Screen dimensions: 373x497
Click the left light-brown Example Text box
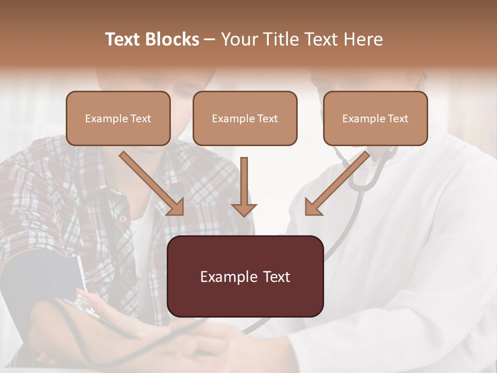(x=118, y=118)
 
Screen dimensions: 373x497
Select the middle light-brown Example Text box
(x=245, y=118)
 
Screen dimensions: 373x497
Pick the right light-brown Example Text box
(x=375, y=118)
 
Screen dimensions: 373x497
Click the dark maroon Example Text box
(x=245, y=276)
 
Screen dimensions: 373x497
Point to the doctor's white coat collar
(x=409, y=155)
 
